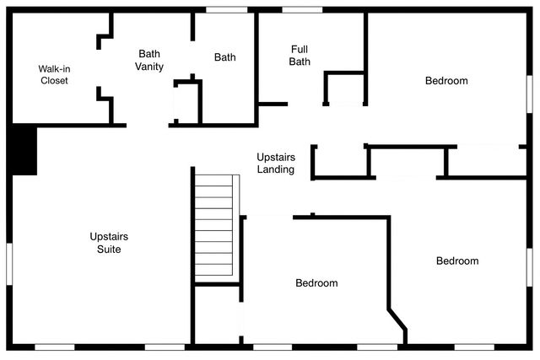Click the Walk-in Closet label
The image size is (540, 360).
tap(53, 74)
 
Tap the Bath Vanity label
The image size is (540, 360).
tap(150, 60)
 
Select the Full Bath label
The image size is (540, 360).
tap(300, 55)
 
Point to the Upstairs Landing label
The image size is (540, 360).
tap(276, 164)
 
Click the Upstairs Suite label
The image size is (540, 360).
tap(109, 243)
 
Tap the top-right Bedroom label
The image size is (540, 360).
tap(446, 81)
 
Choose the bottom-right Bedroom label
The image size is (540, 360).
tap(457, 261)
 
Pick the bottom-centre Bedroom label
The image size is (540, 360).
tap(316, 283)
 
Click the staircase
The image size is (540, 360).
tap(213, 225)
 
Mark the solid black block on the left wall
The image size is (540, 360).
tap(24, 150)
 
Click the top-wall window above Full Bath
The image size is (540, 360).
tap(302, 9)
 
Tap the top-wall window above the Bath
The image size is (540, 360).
tap(225, 9)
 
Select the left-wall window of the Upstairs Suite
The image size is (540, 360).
tap(9, 261)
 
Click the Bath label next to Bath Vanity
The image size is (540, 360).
tap(224, 57)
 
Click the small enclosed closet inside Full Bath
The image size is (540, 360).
tap(344, 89)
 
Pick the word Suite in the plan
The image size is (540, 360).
tap(109, 250)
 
